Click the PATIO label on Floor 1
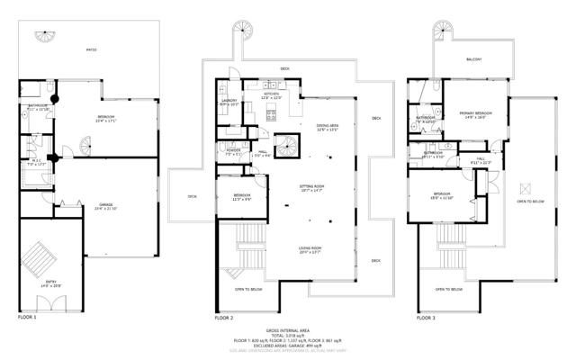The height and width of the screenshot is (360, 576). (x=91, y=50)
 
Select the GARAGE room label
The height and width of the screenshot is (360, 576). (x=105, y=206)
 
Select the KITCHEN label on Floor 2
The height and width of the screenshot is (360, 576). (x=272, y=94)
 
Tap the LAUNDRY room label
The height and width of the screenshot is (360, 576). (x=230, y=102)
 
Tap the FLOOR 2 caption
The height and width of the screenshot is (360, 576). (x=224, y=318)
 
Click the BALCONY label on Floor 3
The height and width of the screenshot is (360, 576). (x=474, y=59)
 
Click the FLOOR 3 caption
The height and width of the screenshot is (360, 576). (x=427, y=318)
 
